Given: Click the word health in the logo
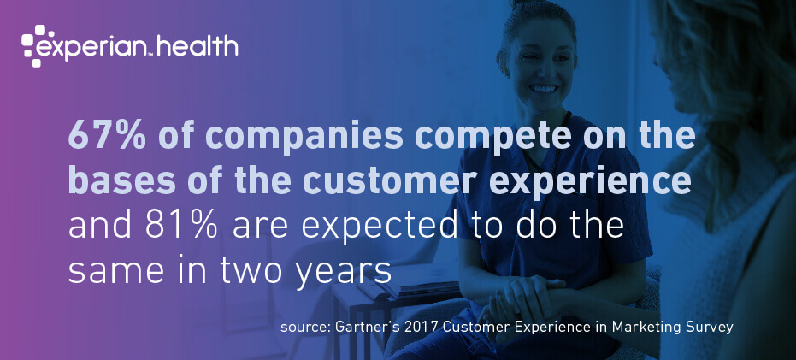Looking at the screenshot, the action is click(x=198, y=46).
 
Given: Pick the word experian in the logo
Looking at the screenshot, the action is click(x=95, y=48).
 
